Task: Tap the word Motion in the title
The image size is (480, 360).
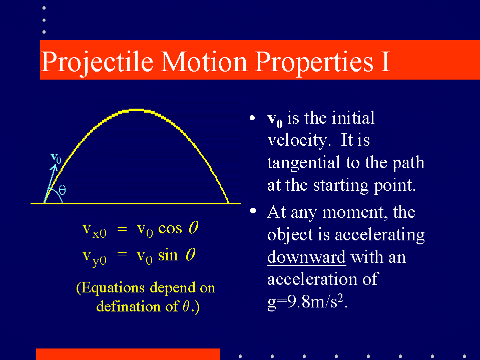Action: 204,62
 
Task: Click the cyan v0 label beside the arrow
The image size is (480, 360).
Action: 56,158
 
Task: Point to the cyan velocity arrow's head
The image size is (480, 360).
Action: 55,167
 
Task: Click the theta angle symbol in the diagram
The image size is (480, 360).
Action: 62,190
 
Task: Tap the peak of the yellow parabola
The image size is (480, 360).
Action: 136,110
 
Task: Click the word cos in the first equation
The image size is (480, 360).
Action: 170,228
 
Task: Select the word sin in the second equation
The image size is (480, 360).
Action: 168,255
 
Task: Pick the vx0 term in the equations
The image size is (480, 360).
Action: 95,230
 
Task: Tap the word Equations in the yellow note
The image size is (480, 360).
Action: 113,288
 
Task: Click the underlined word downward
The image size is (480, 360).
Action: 306,257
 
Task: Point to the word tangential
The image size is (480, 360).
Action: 303,163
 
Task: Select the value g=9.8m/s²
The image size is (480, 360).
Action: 307,302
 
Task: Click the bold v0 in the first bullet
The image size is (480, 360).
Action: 275,120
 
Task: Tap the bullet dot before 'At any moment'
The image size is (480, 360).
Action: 253,211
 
